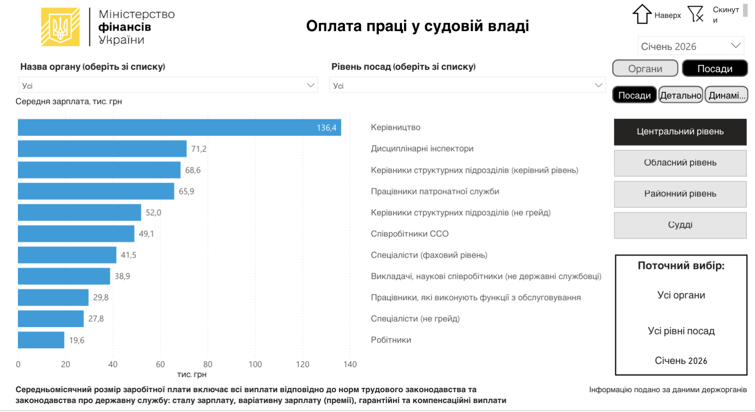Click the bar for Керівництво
click(179, 127)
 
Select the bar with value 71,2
click(102, 149)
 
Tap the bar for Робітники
click(41, 340)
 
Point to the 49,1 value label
click(146, 234)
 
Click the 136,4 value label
click(327, 128)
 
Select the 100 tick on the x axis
click(255, 364)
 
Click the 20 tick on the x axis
click(66, 364)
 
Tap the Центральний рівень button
click(680, 132)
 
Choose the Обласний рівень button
click(680, 163)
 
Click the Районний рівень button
click(680, 194)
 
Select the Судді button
click(680, 225)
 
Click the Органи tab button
click(645, 68)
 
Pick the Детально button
click(680, 95)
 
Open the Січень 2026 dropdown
click(691, 46)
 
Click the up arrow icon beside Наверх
click(642, 14)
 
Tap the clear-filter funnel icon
click(696, 14)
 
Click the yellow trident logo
click(60, 27)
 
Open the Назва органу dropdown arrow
click(310, 85)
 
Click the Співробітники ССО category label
click(410, 234)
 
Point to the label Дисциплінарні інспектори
click(422, 149)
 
